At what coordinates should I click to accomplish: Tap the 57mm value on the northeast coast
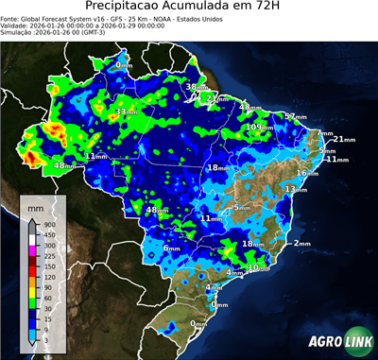point(295,116)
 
